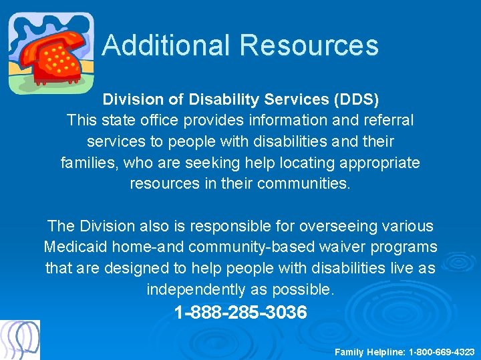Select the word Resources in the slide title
(309, 45)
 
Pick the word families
(87, 162)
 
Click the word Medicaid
(75, 247)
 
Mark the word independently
(198, 289)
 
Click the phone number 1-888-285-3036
(240, 312)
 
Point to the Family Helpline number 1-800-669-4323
(442, 351)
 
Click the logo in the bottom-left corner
(20, 340)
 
